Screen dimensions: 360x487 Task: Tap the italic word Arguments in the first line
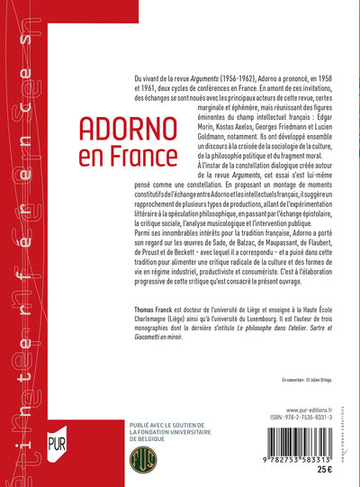coord(206,56)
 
